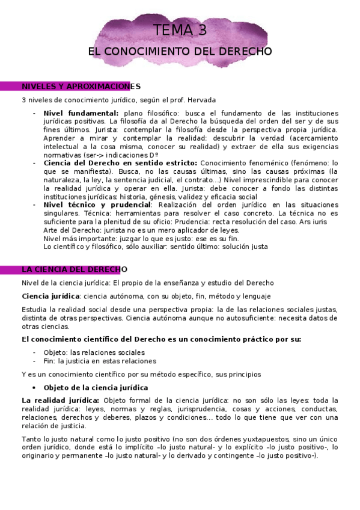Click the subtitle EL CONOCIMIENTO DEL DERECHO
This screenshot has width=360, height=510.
[180, 52]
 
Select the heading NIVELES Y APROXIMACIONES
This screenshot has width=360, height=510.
[81, 87]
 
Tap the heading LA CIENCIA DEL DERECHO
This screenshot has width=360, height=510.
[75, 269]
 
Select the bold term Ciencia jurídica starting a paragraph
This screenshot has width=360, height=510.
[50, 296]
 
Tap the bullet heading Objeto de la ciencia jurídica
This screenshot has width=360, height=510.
[96, 388]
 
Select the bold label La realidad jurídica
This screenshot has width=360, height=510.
[60, 401]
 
